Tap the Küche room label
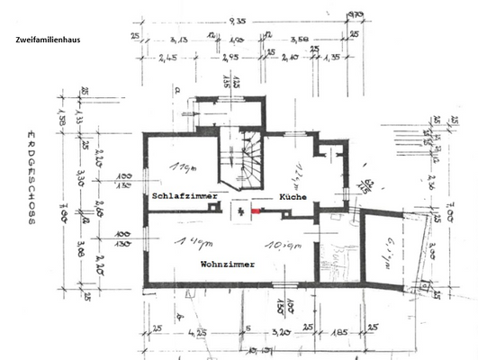tap(293, 195)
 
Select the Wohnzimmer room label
tap(226, 265)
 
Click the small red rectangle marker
tap(257, 211)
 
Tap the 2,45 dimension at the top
tap(168, 58)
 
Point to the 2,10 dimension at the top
tap(289, 58)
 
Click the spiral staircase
tap(243, 162)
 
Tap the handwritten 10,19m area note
tap(272, 245)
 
